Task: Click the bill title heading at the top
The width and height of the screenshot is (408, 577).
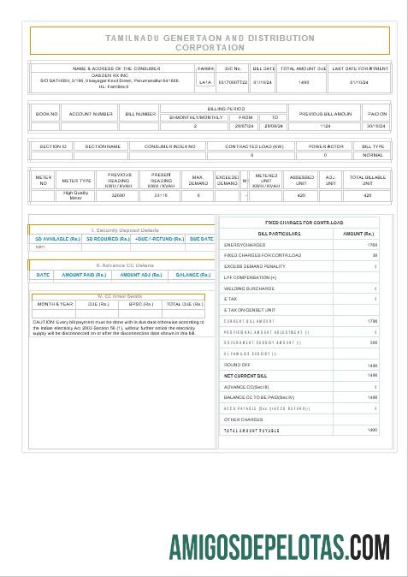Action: click(x=210, y=43)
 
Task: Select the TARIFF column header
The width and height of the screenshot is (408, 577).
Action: click(x=205, y=68)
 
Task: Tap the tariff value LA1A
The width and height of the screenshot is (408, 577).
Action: click(x=205, y=82)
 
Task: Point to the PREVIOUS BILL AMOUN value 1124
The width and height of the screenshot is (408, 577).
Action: click(x=325, y=126)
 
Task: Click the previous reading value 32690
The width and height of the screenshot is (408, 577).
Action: click(x=119, y=195)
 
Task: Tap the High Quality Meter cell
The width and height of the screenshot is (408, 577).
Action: click(x=76, y=195)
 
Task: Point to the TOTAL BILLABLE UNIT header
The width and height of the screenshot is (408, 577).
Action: click(x=368, y=180)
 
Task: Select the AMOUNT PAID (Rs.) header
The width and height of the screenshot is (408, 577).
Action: click(x=83, y=275)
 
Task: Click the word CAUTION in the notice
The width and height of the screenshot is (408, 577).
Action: click(x=44, y=322)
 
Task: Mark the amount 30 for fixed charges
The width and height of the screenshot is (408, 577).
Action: click(x=374, y=255)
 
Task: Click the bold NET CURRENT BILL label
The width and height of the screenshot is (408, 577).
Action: click(x=245, y=375)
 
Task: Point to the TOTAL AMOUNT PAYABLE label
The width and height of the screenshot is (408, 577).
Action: click(x=252, y=430)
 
